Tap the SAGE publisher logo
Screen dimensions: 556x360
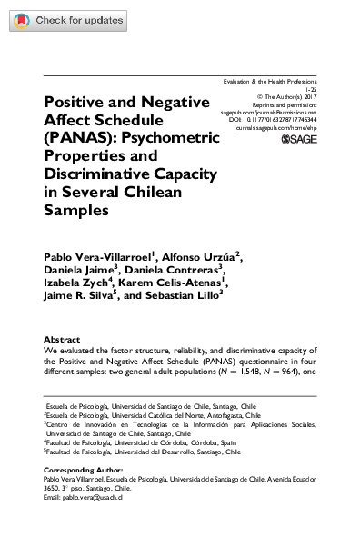(x=299, y=140)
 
